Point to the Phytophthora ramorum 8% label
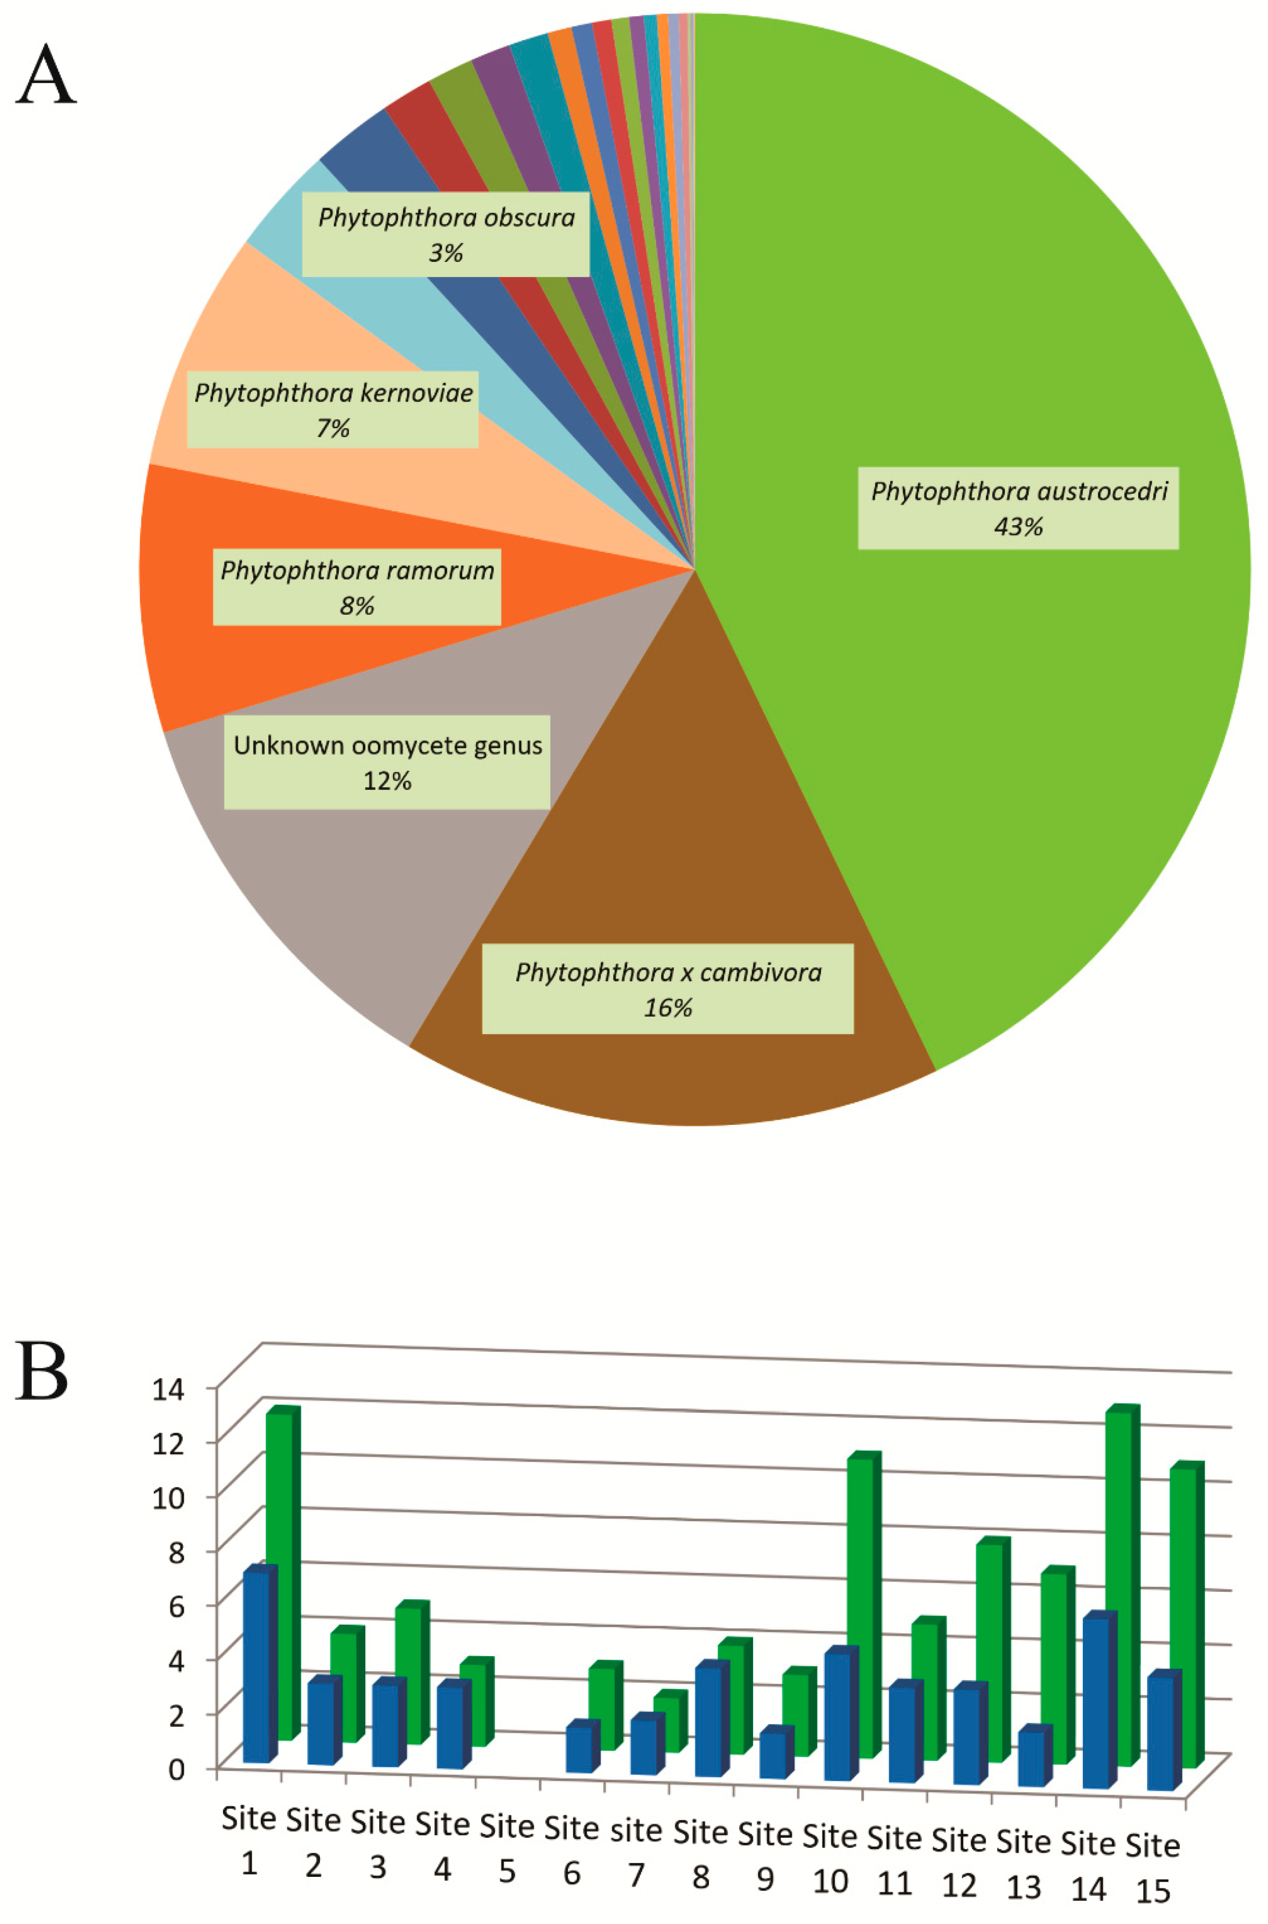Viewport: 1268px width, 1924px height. click(356, 587)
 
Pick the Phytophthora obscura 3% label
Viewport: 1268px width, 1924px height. click(446, 235)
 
